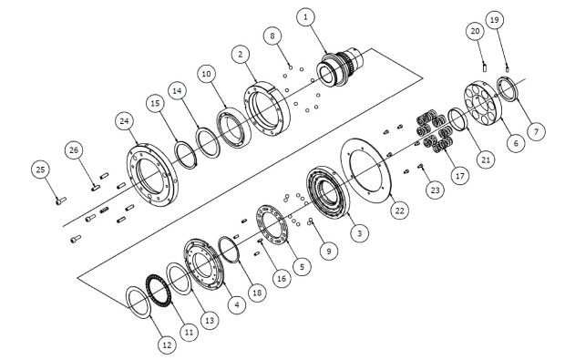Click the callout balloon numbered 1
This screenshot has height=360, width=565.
(x=306, y=16)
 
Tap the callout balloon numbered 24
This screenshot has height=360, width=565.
(x=125, y=121)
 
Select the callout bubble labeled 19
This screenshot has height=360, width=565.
(x=494, y=19)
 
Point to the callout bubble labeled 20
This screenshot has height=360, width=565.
(x=474, y=31)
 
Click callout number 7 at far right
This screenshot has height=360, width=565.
(x=536, y=132)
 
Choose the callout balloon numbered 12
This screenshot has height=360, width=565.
(x=167, y=346)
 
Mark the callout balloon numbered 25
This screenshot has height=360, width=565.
(x=39, y=169)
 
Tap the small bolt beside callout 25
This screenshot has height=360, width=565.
(x=60, y=199)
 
